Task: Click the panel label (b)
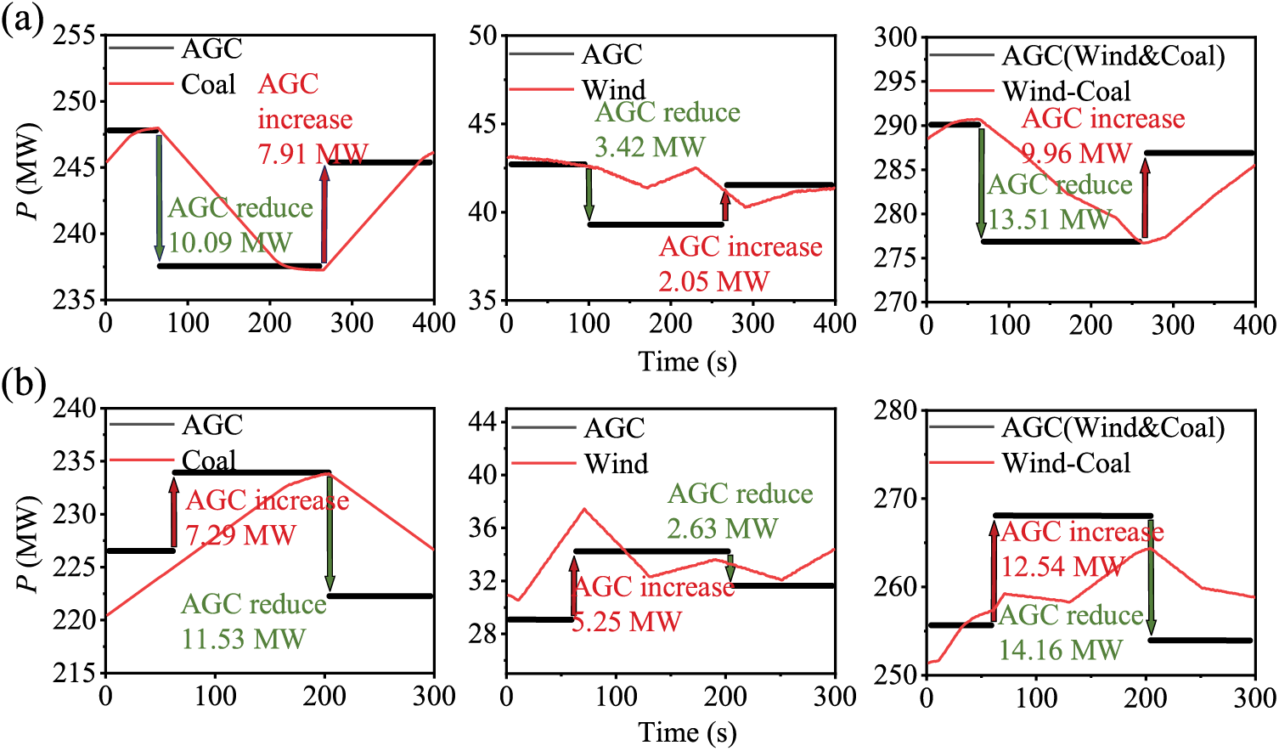(x=23, y=385)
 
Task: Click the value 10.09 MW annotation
(x=230, y=243)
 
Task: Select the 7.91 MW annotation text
(x=313, y=154)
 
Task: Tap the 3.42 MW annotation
(x=650, y=147)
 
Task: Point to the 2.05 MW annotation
(x=713, y=281)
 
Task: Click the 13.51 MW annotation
(x=1049, y=219)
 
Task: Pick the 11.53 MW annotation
(x=243, y=639)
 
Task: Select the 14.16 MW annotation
(x=1060, y=650)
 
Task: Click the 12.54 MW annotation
(x=1062, y=566)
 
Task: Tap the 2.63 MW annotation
(x=722, y=528)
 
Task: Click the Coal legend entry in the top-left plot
(x=208, y=84)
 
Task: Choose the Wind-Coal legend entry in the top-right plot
(x=1066, y=91)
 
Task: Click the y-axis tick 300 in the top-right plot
(x=896, y=37)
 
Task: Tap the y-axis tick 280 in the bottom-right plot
(x=896, y=410)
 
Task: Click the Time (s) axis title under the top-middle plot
(x=687, y=361)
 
